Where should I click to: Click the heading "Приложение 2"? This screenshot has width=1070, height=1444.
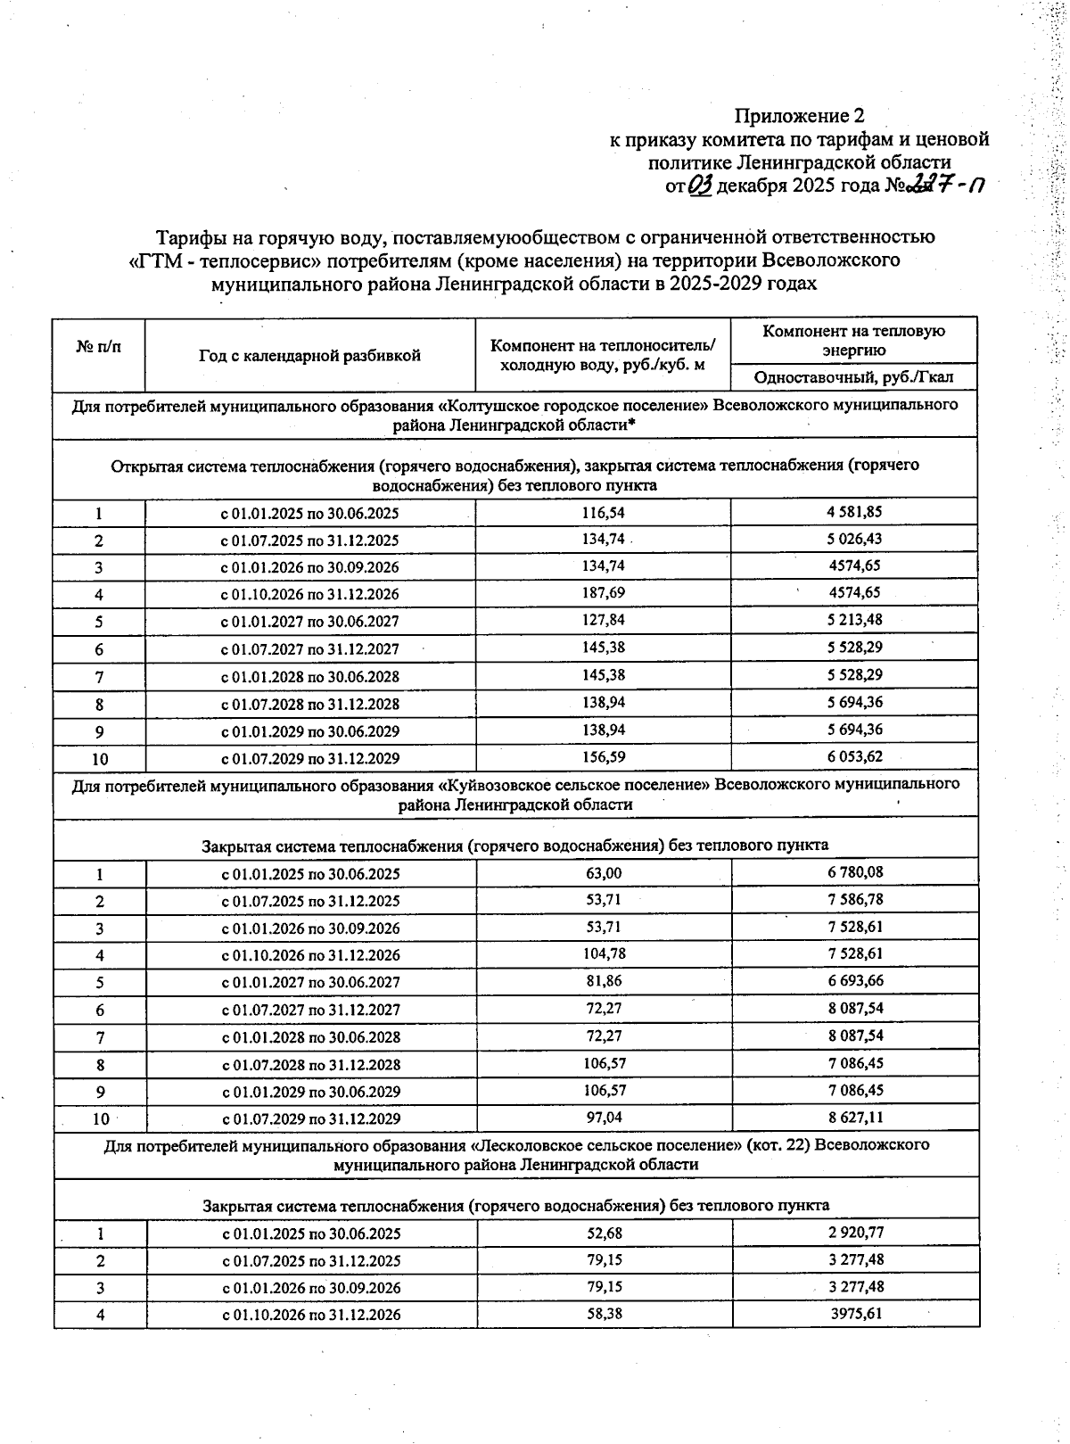(799, 116)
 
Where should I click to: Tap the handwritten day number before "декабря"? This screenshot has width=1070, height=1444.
(700, 185)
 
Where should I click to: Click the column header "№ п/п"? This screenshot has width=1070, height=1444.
(99, 345)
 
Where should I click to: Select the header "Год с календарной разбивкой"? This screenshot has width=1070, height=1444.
(309, 356)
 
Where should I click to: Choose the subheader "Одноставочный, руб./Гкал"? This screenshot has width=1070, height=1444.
(853, 377)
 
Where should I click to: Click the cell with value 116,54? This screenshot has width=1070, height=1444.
(603, 513)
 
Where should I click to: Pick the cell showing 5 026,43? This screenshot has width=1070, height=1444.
(854, 539)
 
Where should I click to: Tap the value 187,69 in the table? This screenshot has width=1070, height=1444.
(603, 593)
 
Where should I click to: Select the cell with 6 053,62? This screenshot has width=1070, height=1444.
(854, 757)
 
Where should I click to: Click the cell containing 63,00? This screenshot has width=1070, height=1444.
(604, 873)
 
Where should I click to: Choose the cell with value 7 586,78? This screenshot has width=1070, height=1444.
(855, 899)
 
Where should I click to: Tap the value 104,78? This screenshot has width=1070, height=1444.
(604, 954)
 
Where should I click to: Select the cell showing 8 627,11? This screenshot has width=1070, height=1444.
(855, 1117)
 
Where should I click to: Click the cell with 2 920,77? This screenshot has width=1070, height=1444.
(855, 1233)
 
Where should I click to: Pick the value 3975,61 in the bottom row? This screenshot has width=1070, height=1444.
(855, 1313)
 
